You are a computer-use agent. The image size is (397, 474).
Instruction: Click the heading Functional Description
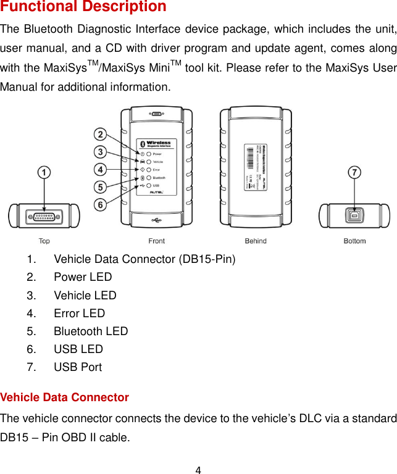[83, 7]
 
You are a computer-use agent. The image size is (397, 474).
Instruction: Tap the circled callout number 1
[44, 173]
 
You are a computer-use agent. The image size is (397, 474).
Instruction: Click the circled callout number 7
[354, 173]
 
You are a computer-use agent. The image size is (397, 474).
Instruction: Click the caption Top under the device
[44, 241]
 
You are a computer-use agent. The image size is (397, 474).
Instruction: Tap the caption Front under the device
[157, 241]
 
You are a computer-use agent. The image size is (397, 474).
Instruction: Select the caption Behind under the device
[256, 241]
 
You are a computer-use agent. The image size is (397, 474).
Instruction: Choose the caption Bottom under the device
[354, 241]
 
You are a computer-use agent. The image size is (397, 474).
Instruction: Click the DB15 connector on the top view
[44, 217]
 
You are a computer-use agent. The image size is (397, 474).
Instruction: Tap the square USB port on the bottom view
[354, 217]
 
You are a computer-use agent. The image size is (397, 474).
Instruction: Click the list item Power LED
[83, 277]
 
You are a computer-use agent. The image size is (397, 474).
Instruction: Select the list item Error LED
[80, 313]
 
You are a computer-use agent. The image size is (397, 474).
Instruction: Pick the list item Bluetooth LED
[91, 331]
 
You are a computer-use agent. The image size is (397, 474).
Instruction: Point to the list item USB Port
[78, 367]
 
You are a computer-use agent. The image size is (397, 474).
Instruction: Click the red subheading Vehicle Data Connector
[65, 397]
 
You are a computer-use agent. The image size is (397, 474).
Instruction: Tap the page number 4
[198, 470]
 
